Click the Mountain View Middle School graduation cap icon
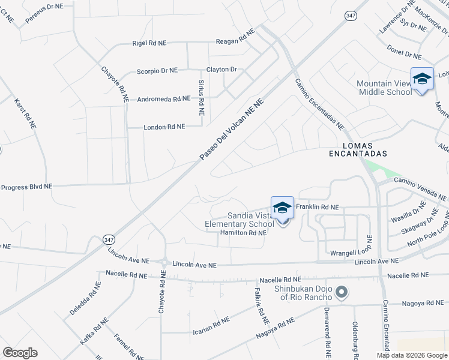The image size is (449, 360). coord(422,79)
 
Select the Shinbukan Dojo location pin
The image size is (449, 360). coord(342,293)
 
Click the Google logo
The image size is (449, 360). coord(20,353)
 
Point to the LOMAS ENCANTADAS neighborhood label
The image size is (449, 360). coord(351,149)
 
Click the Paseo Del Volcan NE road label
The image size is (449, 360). coord(232,130)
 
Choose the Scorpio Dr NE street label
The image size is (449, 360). coord(157,70)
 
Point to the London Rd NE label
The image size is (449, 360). coord(164,127)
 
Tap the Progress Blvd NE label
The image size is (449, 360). coord(26,187)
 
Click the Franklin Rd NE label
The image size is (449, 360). coord(318,207)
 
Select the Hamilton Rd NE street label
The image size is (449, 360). coord(243,232)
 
